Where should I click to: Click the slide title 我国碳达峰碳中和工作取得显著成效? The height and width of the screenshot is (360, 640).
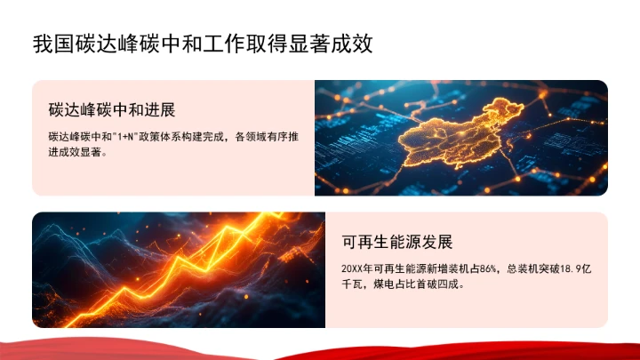pos(202,43)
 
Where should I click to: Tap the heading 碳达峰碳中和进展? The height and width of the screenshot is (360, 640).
pos(111,110)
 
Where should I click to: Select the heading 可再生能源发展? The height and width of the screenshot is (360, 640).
pos(397,242)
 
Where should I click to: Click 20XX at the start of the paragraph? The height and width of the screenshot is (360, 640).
pos(352,268)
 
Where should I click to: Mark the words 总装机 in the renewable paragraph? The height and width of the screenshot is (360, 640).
pos(524,268)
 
